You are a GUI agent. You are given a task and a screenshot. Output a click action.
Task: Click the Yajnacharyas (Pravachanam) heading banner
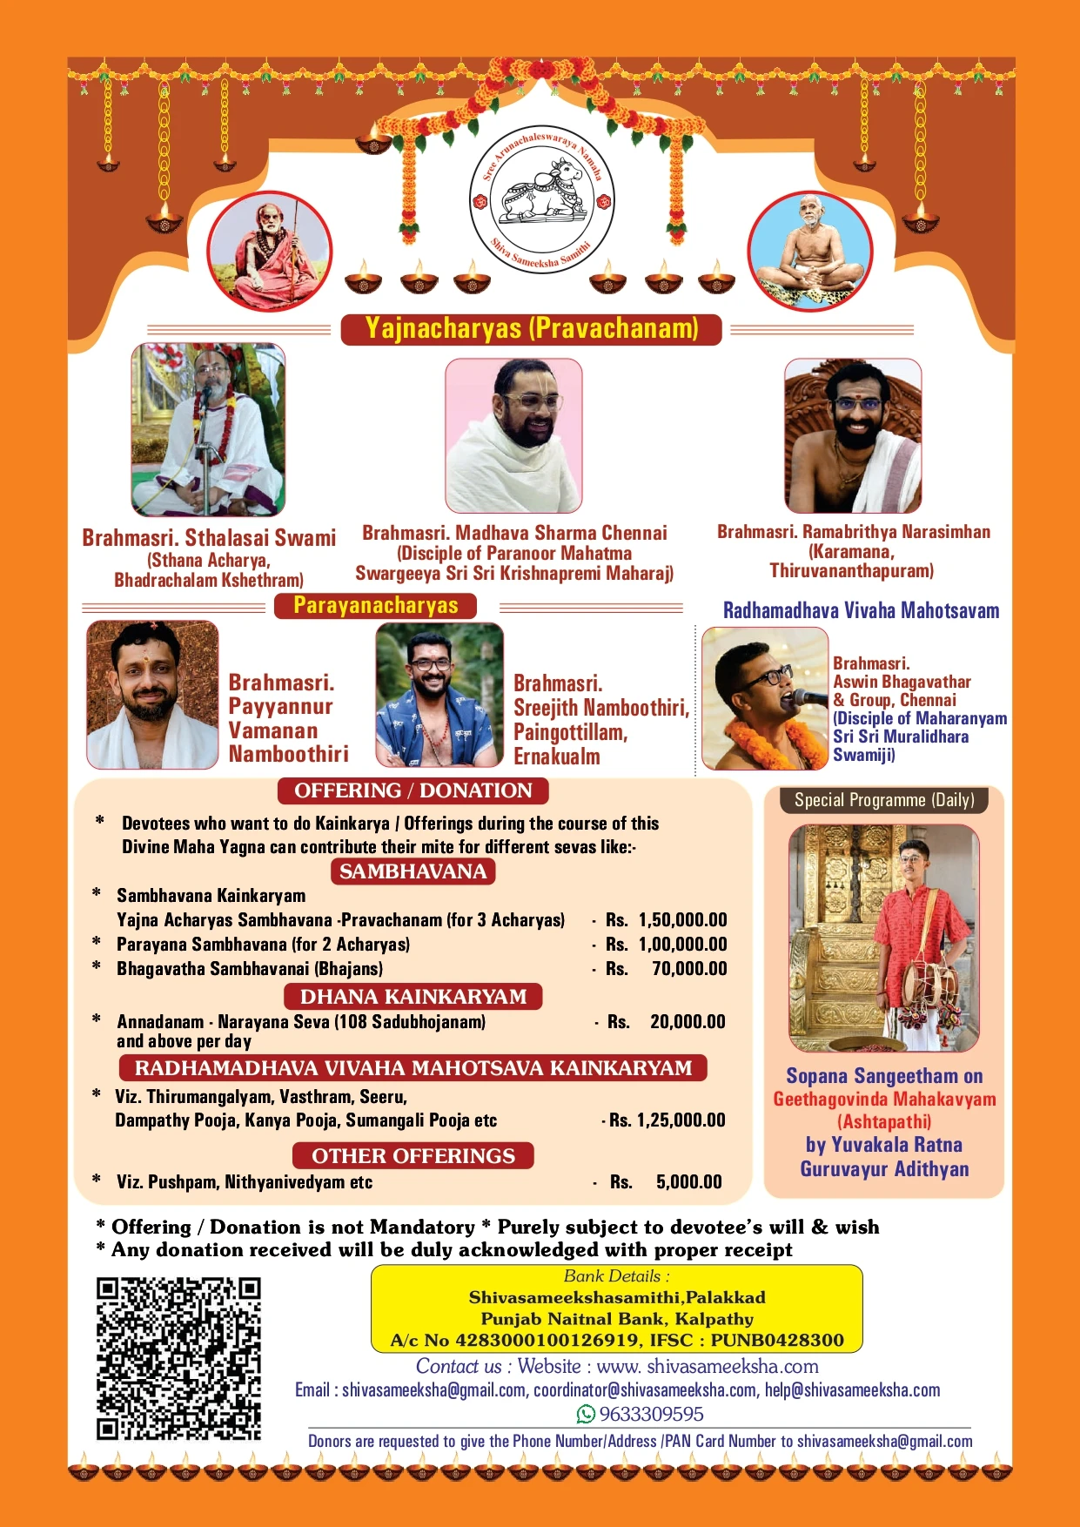pos(531,329)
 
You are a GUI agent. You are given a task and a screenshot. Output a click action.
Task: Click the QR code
pos(178,1359)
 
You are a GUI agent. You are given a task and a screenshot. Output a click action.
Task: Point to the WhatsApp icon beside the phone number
pos(586,1414)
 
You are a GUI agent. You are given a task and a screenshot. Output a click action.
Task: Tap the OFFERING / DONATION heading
pos(413,790)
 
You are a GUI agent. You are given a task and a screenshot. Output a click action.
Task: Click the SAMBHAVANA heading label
pos(413,871)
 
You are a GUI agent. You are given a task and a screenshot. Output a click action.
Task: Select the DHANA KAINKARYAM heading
pos(413,996)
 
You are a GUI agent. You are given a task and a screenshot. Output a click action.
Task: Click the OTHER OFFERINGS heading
pos(413,1155)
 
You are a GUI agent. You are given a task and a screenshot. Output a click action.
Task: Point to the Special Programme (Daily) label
pos(883,800)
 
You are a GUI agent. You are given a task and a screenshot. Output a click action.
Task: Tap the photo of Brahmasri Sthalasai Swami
pos(208,428)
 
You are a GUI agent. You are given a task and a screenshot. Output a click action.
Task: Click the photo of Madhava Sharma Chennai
pos(513,435)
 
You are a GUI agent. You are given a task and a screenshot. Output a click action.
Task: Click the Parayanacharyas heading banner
pos(375,606)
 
